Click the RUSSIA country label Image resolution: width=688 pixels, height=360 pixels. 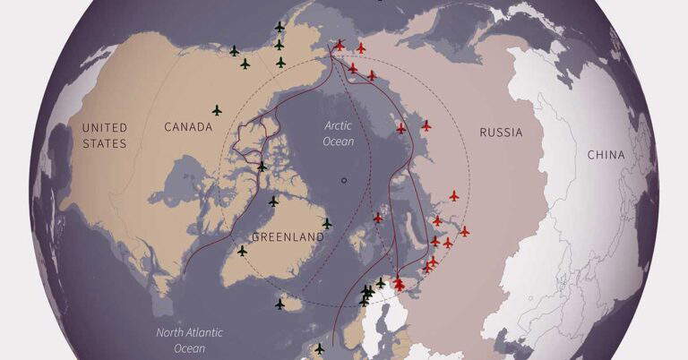point(501,133)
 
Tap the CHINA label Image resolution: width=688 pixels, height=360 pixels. point(606,155)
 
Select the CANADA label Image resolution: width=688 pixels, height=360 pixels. point(188,127)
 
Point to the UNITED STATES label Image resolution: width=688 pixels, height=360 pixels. point(105,135)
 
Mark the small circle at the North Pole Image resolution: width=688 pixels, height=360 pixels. point(344,180)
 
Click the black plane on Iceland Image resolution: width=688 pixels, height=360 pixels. point(279,304)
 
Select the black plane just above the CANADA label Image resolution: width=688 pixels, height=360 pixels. point(217,110)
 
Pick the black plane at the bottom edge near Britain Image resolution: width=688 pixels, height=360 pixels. point(319,348)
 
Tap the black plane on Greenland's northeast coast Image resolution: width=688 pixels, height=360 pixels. point(327,223)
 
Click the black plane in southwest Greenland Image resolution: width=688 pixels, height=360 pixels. point(242,251)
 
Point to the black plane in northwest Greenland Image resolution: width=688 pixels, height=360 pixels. point(273,201)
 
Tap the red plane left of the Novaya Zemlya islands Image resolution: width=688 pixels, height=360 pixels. point(378,218)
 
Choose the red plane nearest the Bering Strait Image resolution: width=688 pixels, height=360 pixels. point(340,45)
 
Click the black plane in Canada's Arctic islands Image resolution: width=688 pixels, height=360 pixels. point(262,167)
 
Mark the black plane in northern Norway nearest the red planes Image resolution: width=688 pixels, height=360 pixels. point(381,283)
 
